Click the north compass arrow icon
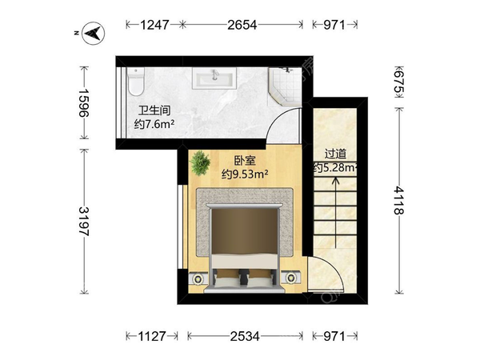click(x=94, y=34)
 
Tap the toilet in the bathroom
click(x=136, y=82)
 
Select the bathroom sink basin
click(x=214, y=78)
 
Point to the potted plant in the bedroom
click(x=200, y=163)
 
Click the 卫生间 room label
click(x=154, y=110)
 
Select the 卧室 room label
click(x=245, y=161)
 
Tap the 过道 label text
click(x=335, y=154)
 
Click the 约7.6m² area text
click(x=154, y=124)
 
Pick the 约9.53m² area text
click(x=245, y=174)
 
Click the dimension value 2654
click(x=242, y=25)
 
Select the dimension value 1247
click(x=154, y=25)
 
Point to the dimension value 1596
click(x=83, y=103)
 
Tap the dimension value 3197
click(x=83, y=222)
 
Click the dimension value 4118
click(x=398, y=201)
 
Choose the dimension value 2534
click(x=245, y=336)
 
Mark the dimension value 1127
click(x=152, y=336)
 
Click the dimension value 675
click(x=398, y=82)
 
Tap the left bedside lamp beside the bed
click(x=198, y=278)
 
